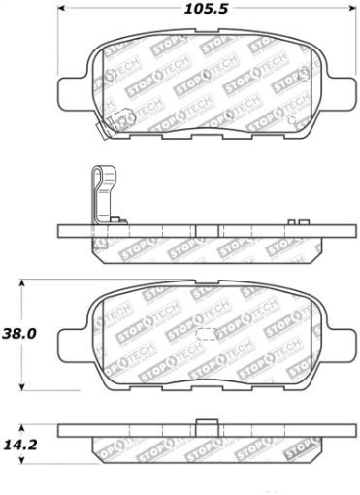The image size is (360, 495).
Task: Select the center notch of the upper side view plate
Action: point(196,232)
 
